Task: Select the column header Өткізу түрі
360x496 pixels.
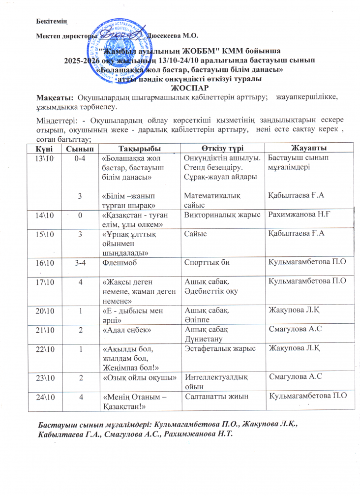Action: click(222, 149)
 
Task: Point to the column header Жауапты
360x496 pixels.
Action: click(307, 149)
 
